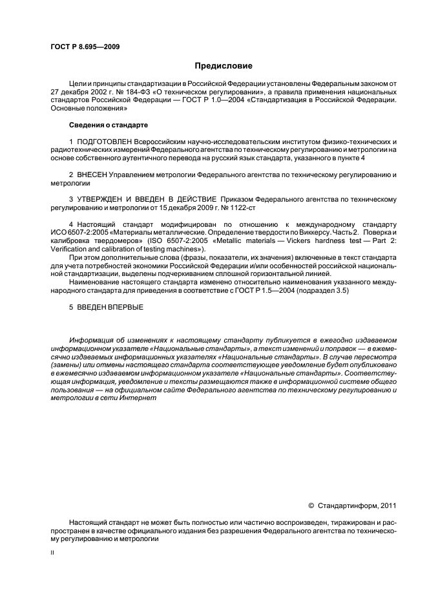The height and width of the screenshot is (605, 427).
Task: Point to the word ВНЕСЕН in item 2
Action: click(91, 175)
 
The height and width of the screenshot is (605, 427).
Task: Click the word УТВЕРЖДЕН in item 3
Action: click(103, 200)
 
